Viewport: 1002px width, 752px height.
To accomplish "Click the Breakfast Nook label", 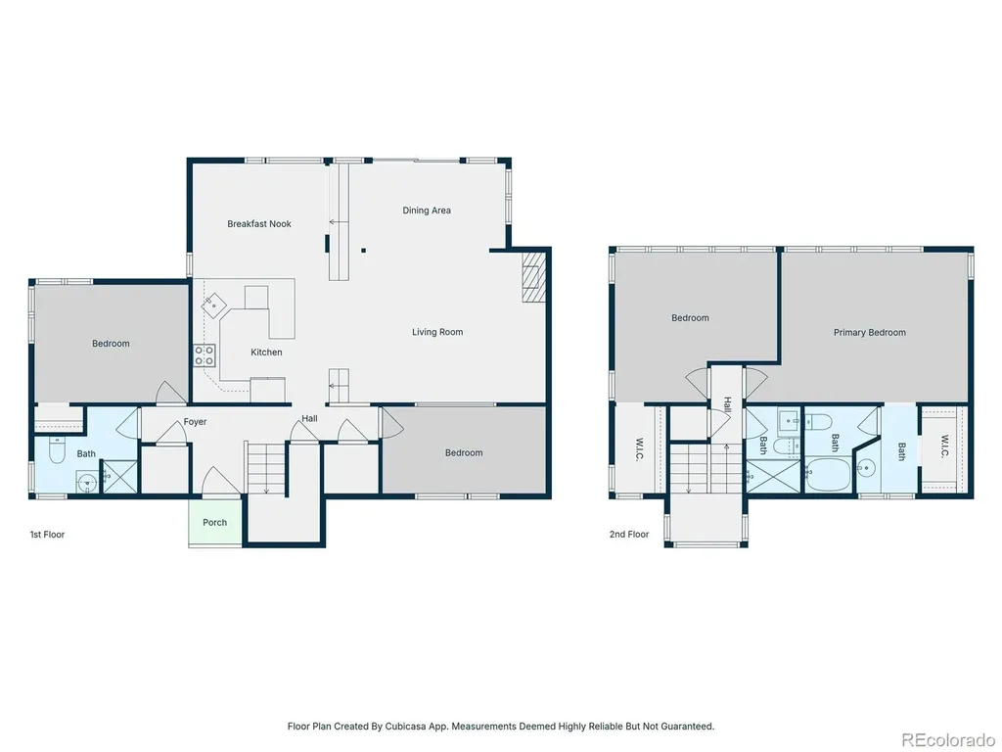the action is (x=258, y=224).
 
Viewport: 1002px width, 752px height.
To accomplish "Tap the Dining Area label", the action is (x=427, y=211).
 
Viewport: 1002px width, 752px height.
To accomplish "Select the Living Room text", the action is (x=437, y=332).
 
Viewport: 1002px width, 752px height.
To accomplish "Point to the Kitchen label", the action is (x=266, y=352).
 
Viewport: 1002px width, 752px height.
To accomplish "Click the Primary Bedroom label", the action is (x=869, y=333).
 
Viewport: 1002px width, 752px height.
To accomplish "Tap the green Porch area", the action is (x=214, y=522).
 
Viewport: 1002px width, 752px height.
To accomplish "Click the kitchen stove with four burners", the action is (x=205, y=355).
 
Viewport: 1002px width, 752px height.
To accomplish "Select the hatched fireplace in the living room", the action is (x=533, y=276).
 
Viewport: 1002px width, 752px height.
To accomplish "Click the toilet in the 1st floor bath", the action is (x=57, y=449).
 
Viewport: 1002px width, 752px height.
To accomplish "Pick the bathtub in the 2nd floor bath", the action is (x=830, y=474).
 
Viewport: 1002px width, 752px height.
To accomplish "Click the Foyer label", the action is (x=195, y=422).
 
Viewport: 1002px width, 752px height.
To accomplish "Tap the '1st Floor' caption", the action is (x=47, y=535).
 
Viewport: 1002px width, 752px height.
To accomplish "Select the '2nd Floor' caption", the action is (x=629, y=535).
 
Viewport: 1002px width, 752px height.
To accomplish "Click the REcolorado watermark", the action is (x=947, y=740).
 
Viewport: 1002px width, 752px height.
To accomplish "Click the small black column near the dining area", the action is (x=363, y=251).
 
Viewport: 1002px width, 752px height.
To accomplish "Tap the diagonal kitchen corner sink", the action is (x=213, y=305).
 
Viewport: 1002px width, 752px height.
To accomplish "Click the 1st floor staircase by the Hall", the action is (x=266, y=469).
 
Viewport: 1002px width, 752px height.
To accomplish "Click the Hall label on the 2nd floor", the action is (x=728, y=404).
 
